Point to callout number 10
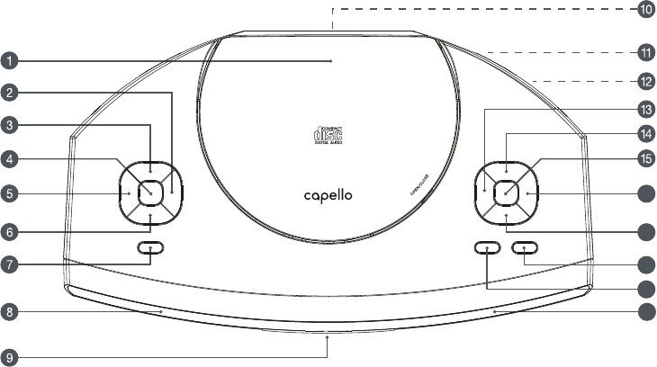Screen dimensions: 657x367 [645, 10]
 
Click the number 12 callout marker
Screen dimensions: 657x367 [645, 81]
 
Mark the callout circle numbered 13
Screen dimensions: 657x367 [645, 109]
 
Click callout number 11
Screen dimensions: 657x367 [645, 50]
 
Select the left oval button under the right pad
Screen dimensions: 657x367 [487, 247]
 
